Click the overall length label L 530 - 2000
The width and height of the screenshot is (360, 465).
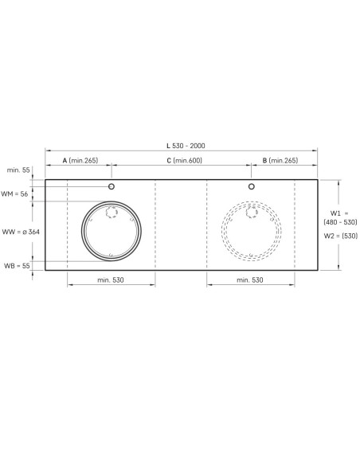pos(186,146)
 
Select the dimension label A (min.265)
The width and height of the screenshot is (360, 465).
pos(80,160)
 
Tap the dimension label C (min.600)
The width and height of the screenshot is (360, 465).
pos(184,160)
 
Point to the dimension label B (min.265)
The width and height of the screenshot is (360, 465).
pos(280,160)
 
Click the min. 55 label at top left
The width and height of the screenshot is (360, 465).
pos(18,170)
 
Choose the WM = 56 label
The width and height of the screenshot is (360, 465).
pos(14,194)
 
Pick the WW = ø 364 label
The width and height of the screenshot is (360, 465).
pos(21,232)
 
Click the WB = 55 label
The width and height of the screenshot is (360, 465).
pos(17,265)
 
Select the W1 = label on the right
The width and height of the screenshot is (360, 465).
pos(339,213)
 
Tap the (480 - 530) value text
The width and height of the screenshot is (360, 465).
pos(340,222)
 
